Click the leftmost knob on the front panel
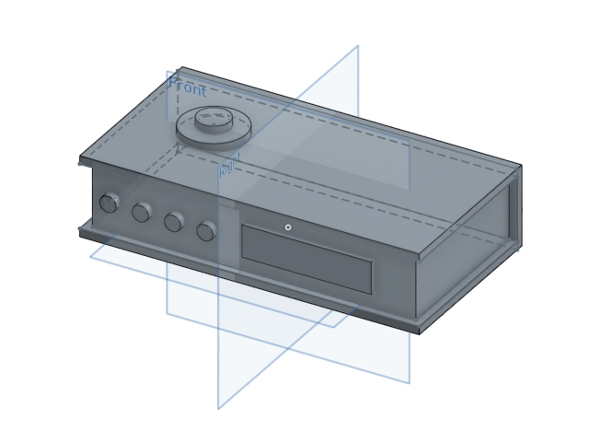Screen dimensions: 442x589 [x=109, y=203]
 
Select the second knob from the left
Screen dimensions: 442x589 [x=141, y=213]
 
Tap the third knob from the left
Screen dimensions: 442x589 [x=173, y=222]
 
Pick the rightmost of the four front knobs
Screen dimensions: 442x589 [x=206, y=231]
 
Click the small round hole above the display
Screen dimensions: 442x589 [x=288, y=227]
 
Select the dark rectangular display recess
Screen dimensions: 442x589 [x=306, y=260]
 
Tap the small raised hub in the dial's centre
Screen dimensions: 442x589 [x=213, y=118]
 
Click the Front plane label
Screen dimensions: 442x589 [x=188, y=87]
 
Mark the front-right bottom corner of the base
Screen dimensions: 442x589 [x=420, y=332]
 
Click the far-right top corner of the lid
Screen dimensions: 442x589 [x=521, y=166]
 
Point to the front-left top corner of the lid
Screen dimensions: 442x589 [x=80, y=158]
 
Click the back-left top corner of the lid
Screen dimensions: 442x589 [x=181, y=67]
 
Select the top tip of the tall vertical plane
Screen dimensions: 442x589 [x=358, y=46]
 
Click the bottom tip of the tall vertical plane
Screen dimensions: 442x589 [x=218, y=409]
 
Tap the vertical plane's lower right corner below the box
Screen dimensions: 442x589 [x=410, y=383]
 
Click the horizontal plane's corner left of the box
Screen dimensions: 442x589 [x=90, y=257]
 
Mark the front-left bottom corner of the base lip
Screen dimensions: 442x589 [x=79, y=234]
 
